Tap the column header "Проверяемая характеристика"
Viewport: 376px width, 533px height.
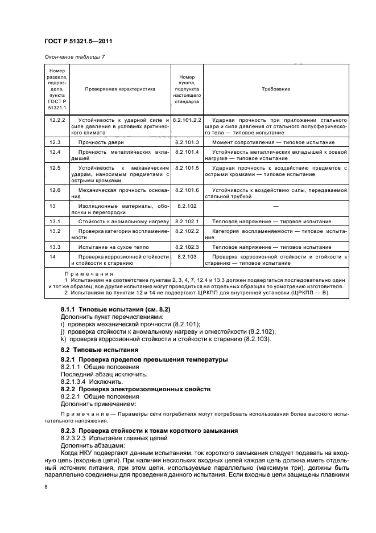(120, 89)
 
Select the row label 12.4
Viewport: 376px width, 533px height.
(55, 152)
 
